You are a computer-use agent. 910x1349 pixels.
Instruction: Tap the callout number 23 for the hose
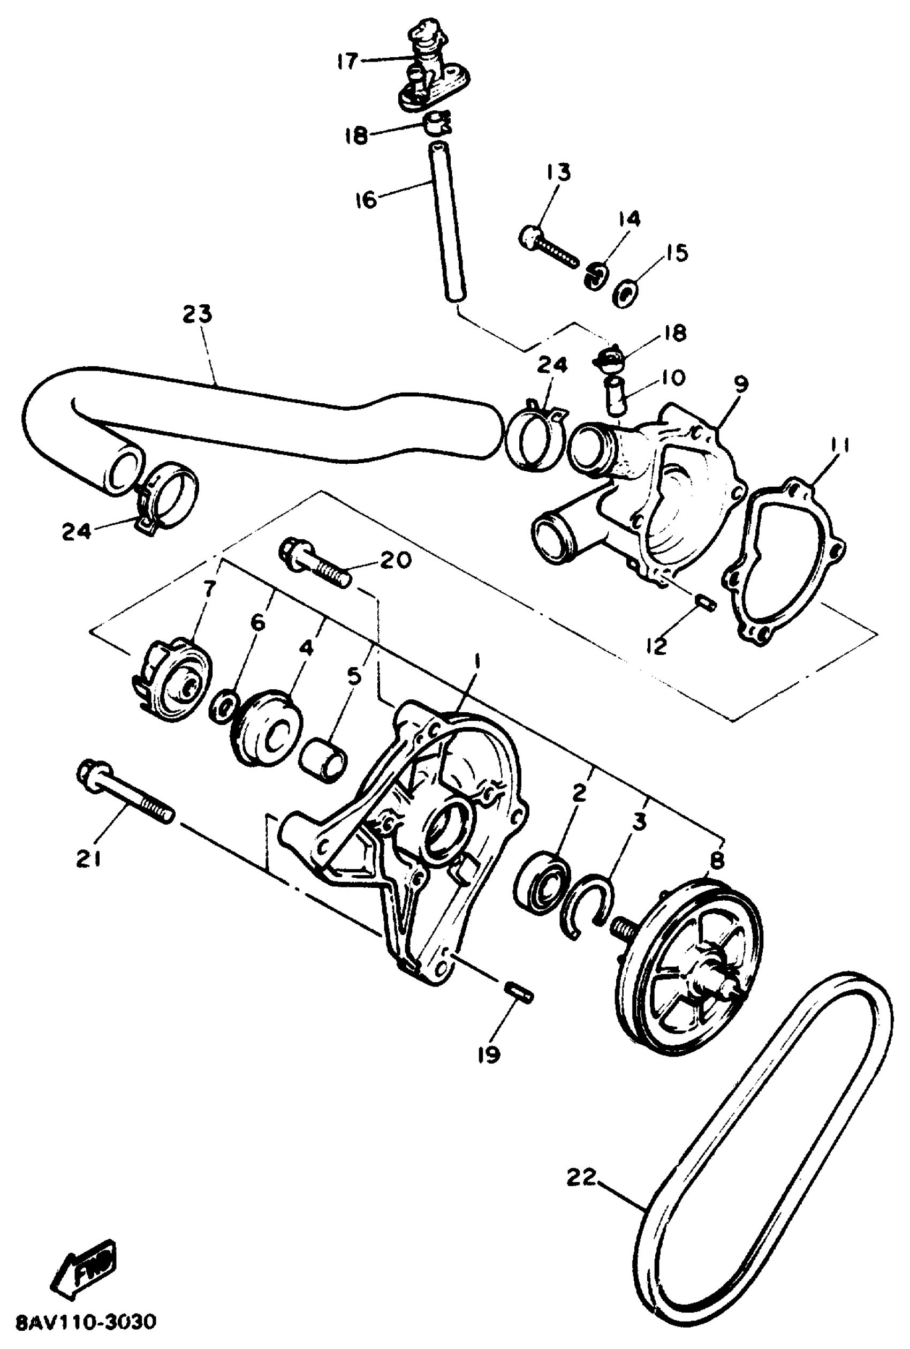click(198, 314)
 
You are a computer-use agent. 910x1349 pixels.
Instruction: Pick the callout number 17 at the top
click(347, 61)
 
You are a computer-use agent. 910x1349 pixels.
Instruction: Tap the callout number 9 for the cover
click(740, 383)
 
